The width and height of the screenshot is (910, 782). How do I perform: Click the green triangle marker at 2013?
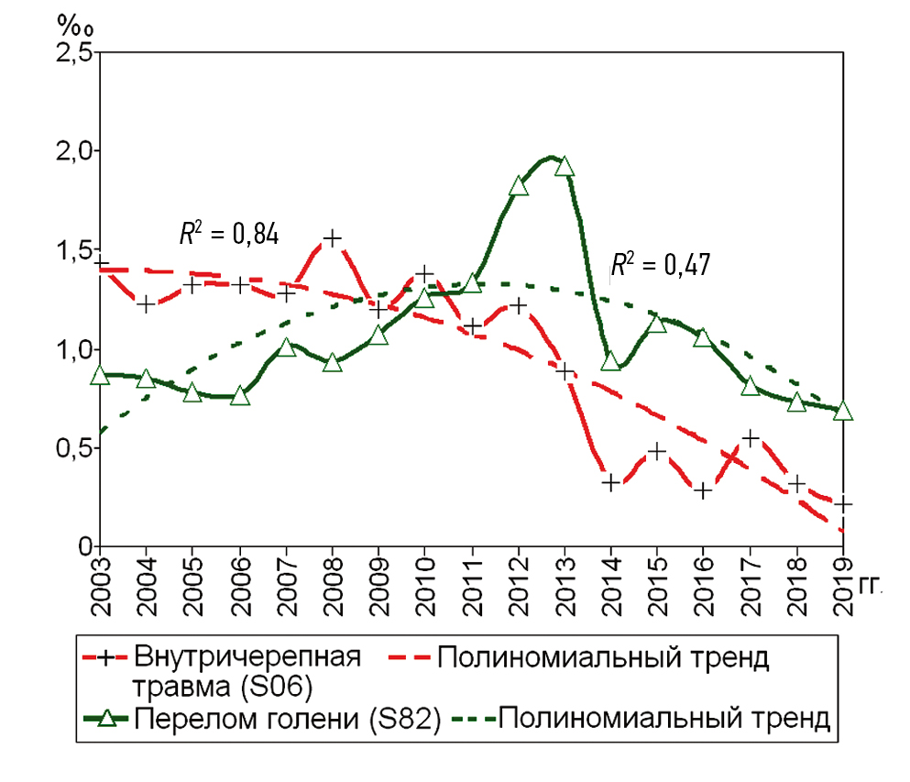pyautogui.click(x=565, y=167)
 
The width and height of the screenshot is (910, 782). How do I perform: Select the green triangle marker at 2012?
pyautogui.click(x=519, y=186)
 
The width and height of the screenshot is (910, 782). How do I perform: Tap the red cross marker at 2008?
pyautogui.click(x=332, y=238)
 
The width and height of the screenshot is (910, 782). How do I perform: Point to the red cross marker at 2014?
pyautogui.click(x=611, y=482)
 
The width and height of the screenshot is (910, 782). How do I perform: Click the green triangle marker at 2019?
pyautogui.click(x=843, y=411)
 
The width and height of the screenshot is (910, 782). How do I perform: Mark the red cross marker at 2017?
pyautogui.click(x=751, y=438)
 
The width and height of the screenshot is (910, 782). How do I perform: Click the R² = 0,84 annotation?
pyautogui.click(x=228, y=234)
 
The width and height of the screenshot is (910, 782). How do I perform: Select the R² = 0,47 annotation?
pyautogui.click(x=660, y=266)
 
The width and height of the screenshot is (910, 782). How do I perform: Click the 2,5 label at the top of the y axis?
pyautogui.click(x=73, y=52)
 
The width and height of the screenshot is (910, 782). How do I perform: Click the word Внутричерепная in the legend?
pyautogui.click(x=247, y=657)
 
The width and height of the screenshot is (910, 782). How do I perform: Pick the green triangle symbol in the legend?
pyautogui.click(x=108, y=718)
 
